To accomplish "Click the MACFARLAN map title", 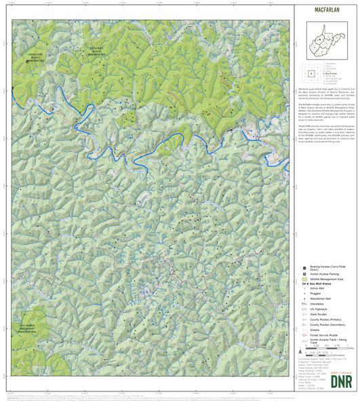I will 327,12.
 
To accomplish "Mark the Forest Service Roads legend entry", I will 324,346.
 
